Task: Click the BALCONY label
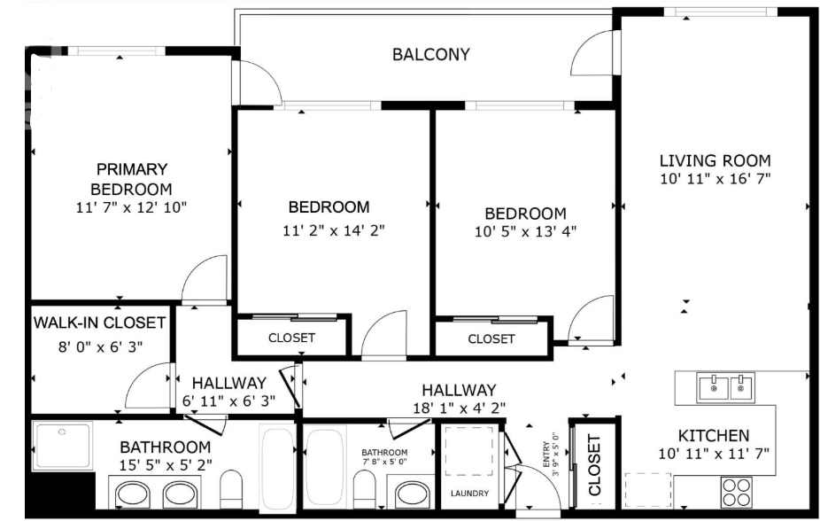pos(431,54)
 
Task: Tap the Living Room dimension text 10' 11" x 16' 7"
pos(716,179)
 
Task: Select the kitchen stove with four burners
pos(738,492)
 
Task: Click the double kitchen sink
pos(725,387)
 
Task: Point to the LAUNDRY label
pos(469,494)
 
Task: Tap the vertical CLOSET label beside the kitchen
pos(594,465)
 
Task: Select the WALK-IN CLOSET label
pos(99,323)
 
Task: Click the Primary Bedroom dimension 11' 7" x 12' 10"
pos(131,207)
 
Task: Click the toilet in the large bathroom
pos(231,489)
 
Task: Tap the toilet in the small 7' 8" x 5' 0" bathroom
pos(365,488)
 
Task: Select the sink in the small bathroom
pos(413,493)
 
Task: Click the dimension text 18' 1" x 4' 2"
pos(460,408)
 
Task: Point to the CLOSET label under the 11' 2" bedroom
pos(292,338)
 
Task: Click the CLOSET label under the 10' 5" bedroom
pos(491,339)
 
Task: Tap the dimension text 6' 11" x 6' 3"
pos(229,401)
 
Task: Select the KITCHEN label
pos(714,435)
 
